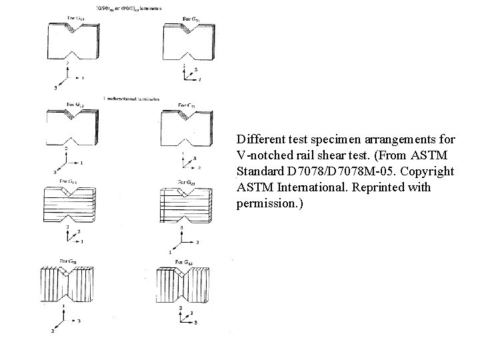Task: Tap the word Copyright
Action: [x=429, y=172]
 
